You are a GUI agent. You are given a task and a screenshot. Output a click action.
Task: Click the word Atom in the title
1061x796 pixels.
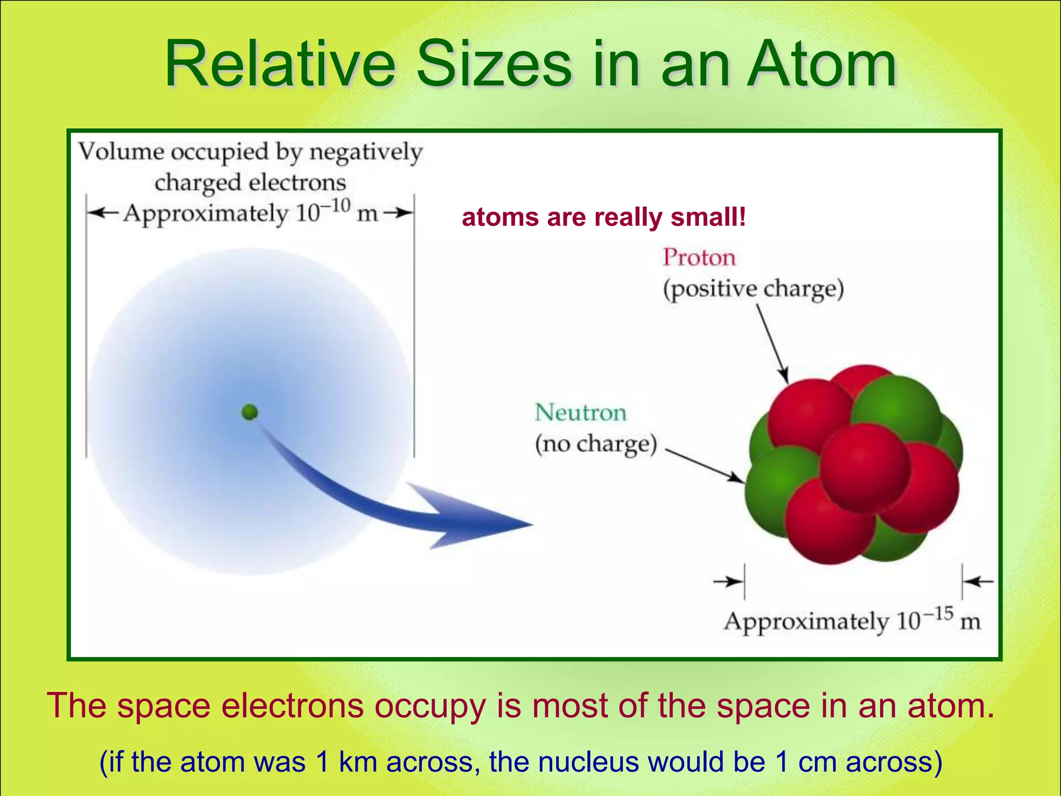(821, 65)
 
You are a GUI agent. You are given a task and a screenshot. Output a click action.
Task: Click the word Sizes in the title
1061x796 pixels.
(495, 65)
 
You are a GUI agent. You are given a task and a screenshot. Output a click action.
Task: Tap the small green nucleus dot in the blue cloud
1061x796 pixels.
(250, 413)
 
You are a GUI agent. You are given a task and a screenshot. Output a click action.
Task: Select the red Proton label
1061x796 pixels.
(699, 258)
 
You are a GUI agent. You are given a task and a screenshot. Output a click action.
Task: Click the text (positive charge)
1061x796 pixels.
(754, 289)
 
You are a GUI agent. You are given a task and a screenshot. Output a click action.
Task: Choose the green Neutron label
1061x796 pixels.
(580, 413)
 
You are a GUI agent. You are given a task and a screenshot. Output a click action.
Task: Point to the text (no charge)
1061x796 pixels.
(596, 445)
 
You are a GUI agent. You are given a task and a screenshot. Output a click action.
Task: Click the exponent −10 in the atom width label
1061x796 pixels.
(335, 206)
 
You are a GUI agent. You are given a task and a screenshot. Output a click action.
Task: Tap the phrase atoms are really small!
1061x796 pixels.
(604, 217)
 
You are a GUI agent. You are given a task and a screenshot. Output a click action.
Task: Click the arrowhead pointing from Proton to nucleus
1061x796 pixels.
(785, 376)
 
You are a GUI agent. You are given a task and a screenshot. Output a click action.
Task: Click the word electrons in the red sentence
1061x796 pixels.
(293, 706)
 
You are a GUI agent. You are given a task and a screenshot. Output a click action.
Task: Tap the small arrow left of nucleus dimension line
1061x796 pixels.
(727, 582)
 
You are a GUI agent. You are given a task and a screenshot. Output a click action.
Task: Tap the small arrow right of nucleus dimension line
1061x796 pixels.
(979, 582)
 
